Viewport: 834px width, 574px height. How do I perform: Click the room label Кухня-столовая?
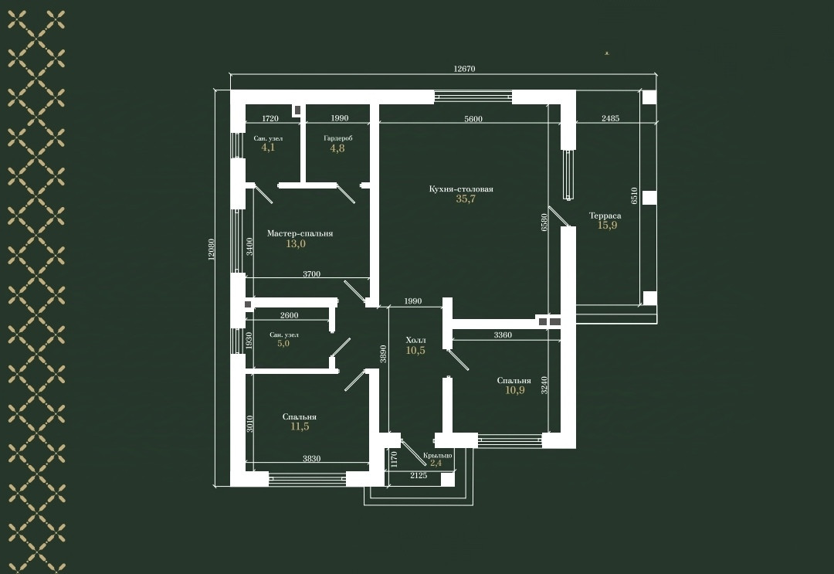(461, 189)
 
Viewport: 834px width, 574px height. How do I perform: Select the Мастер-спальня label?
(300, 233)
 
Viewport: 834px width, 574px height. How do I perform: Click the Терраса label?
(605, 216)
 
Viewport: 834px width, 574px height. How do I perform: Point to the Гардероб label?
(337, 138)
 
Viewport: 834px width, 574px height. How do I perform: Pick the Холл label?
(415, 340)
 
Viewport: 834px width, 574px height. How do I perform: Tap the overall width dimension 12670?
(463, 69)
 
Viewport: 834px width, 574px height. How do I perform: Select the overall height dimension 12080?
(212, 249)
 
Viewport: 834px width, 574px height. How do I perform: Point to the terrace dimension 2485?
(609, 119)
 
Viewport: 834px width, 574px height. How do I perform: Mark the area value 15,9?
(607, 226)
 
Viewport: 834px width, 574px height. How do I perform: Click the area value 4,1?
(267, 148)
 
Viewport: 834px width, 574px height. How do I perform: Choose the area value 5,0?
(283, 344)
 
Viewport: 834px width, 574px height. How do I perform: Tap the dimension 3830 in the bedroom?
(311, 459)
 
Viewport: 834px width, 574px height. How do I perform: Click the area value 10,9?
(514, 390)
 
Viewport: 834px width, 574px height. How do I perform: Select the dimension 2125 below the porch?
(418, 476)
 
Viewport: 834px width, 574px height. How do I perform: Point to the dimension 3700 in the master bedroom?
(311, 274)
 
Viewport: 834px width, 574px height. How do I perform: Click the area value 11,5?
(300, 426)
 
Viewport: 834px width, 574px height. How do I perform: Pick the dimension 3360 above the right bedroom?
(503, 335)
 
